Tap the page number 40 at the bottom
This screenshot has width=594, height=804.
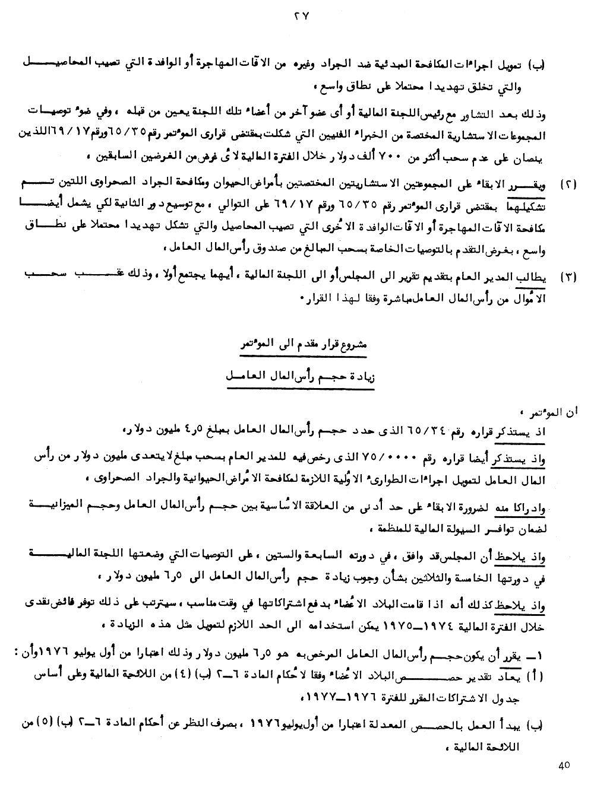[564, 765]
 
